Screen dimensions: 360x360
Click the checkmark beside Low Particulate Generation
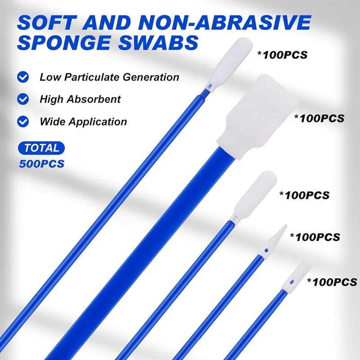(x=22, y=77)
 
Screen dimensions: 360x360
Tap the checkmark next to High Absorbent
(x=22, y=99)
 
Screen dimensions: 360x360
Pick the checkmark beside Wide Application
(x=22, y=121)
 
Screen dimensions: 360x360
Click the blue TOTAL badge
(x=42, y=148)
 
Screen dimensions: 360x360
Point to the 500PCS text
(x=42, y=163)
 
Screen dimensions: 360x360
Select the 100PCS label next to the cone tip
(x=315, y=236)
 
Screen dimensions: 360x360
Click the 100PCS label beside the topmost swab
(x=282, y=56)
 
